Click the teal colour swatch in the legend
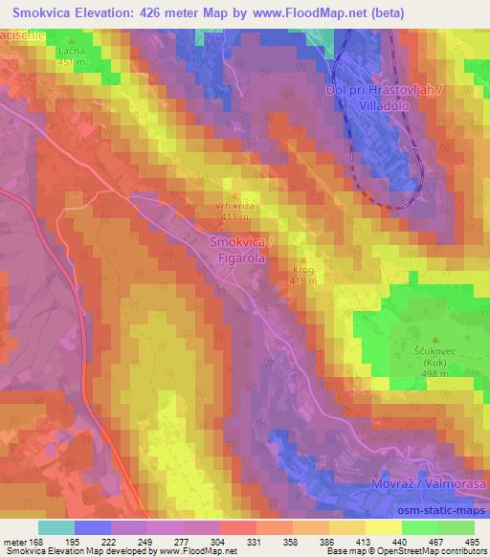coord(56,527)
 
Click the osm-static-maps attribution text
coord(445,510)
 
